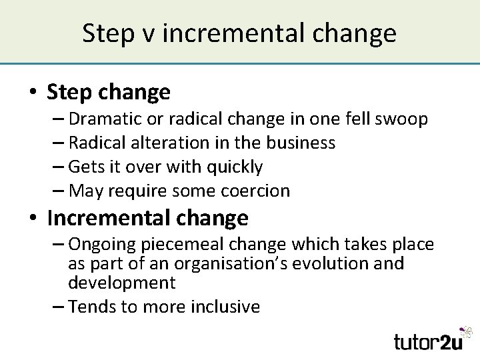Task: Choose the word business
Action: click(301, 143)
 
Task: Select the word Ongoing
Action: click(107, 245)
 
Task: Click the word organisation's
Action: click(207, 263)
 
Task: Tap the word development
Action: click(121, 282)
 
